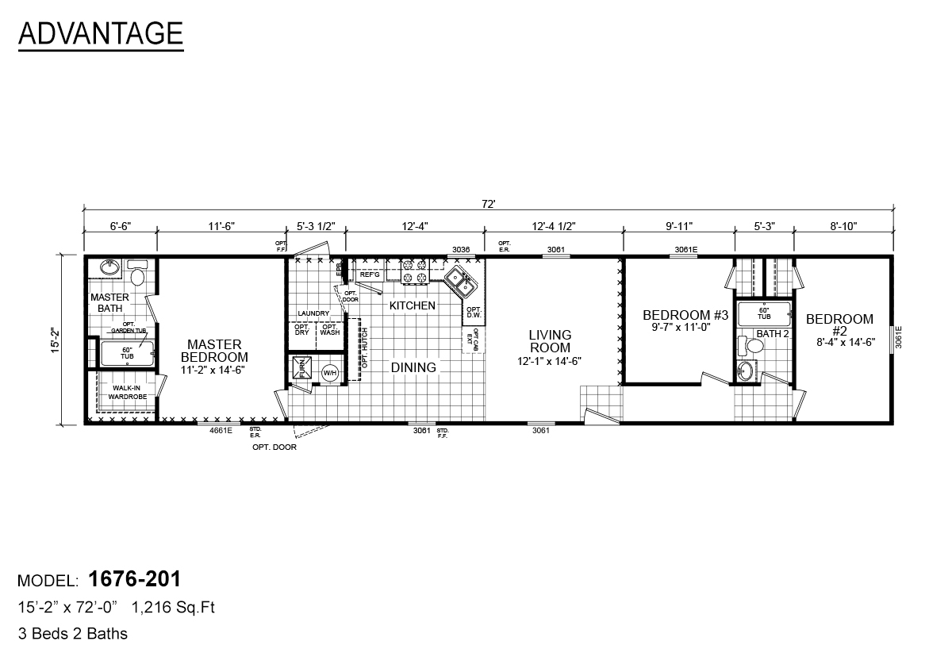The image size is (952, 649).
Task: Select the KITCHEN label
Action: [411, 305]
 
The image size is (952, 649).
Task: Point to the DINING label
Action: [413, 367]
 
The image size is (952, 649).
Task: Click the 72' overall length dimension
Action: [488, 204]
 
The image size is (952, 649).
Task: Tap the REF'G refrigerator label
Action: [370, 275]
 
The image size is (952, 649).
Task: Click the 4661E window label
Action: [221, 431]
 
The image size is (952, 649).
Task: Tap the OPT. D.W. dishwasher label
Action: [474, 313]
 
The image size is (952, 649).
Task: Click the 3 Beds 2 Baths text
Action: [72, 633]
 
